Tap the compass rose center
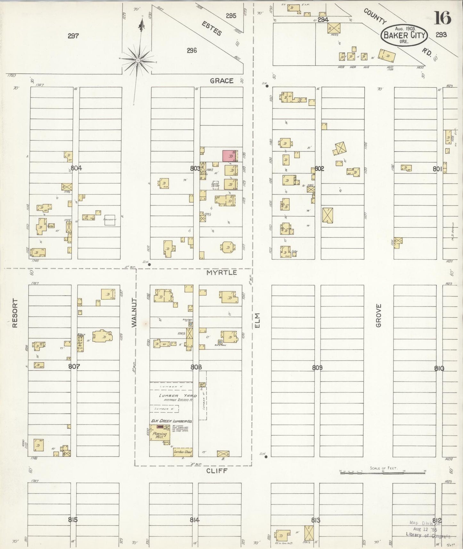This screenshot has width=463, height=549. pyautogui.click(x=138, y=60)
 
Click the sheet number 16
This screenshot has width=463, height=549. pyautogui.click(x=442, y=18)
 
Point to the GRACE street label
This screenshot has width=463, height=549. pyautogui.click(x=221, y=81)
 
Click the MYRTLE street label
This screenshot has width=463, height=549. pyautogui.click(x=222, y=273)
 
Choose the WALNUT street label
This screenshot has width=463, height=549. pyautogui.click(x=134, y=313)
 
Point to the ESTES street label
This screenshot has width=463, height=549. pyautogui.click(x=211, y=28)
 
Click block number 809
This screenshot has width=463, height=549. pyautogui.click(x=317, y=368)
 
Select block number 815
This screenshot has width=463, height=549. pyautogui.click(x=73, y=520)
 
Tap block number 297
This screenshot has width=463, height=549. pyautogui.click(x=73, y=36)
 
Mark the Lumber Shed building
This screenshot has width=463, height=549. pyautogui.click(x=183, y=452)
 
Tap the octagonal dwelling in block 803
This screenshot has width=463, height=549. pyautogui.click(x=228, y=248)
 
